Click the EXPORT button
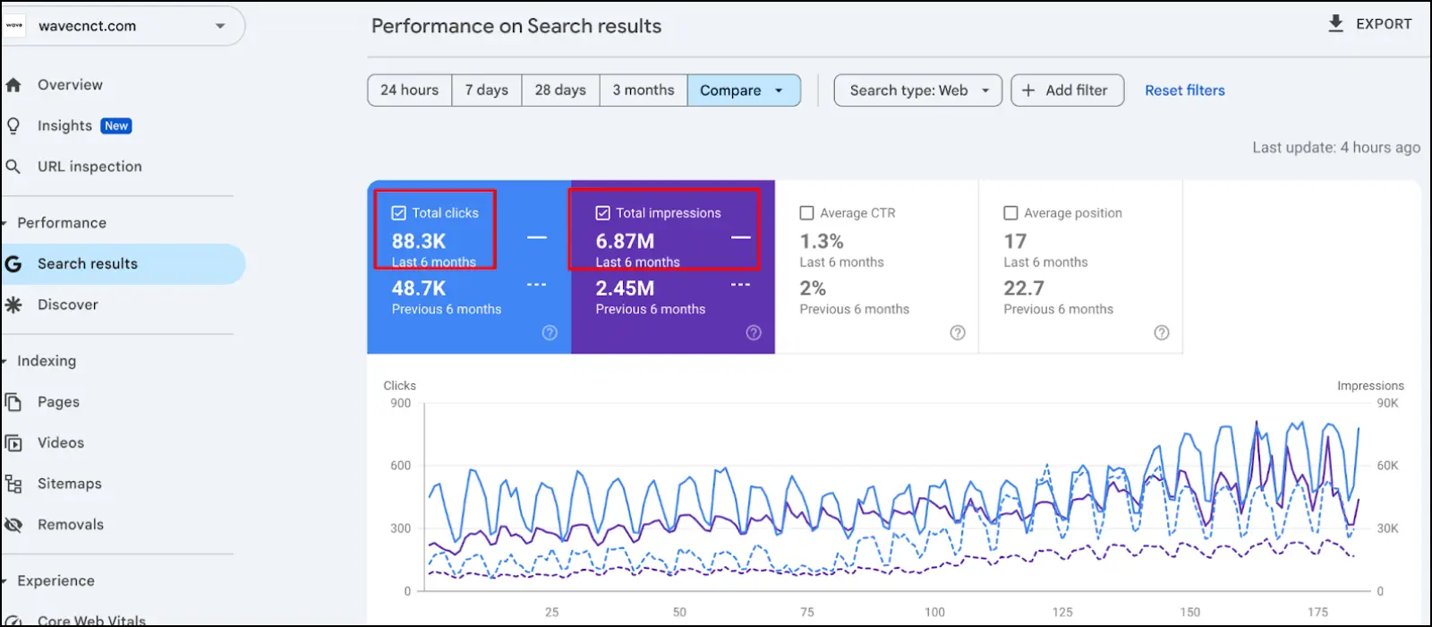click(1370, 24)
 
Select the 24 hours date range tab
click(409, 90)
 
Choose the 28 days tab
click(560, 90)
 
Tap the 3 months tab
click(643, 90)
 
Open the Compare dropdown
click(743, 90)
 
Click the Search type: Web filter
click(917, 90)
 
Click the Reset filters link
click(1184, 90)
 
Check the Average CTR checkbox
click(806, 213)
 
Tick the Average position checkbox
click(1010, 213)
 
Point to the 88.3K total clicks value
click(419, 241)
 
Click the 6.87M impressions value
click(625, 241)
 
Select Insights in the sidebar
click(65, 126)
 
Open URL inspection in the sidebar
click(89, 167)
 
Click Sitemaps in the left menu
click(69, 484)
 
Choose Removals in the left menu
click(70, 525)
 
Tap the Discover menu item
click(67, 305)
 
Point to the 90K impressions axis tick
click(1387, 403)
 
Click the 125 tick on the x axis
click(1062, 612)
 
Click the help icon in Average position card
click(1161, 333)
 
